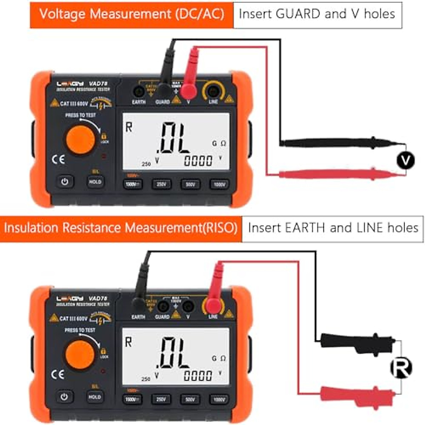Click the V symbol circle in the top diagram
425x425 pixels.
pos(405,160)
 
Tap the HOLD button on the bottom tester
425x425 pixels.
pos(95,397)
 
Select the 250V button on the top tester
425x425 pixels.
pos(161,184)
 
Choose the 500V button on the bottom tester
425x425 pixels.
pos(190,399)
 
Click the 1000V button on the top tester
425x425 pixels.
pos(219,184)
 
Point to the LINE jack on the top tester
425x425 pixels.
pos(212,92)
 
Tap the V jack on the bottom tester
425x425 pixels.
pos(188,307)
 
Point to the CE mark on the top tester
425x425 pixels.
pos(58,159)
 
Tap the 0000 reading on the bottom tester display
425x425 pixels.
pos(198,376)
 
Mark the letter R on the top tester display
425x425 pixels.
pos(129,127)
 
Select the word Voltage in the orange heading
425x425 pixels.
pos(63,14)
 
